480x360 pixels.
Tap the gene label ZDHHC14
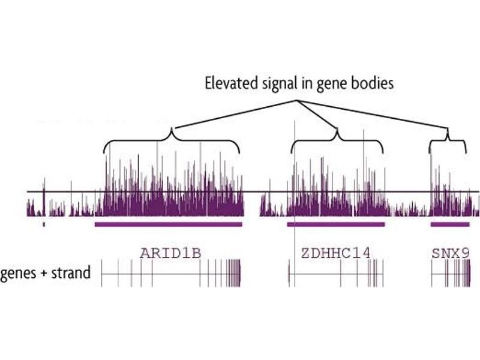point(335,253)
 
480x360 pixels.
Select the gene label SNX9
point(450,253)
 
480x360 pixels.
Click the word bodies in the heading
point(373,83)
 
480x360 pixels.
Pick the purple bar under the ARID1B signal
point(169,224)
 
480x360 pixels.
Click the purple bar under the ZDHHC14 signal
point(336,224)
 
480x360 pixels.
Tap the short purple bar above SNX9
point(450,224)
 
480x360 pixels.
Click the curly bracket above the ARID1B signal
point(172,142)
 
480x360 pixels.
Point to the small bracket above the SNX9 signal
point(448,142)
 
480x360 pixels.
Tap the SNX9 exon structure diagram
point(451,273)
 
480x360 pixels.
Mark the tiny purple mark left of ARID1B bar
point(44,224)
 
